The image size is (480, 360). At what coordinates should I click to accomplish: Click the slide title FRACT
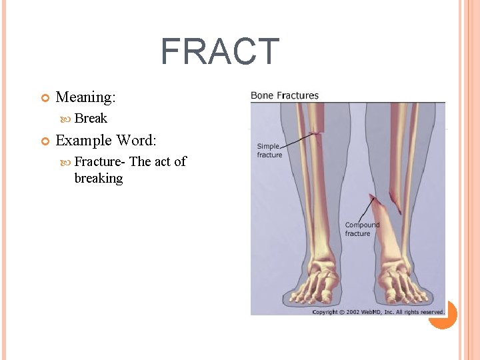point(219,52)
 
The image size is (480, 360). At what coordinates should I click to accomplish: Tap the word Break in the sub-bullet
point(91,119)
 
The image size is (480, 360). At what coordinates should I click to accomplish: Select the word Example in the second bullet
point(84,141)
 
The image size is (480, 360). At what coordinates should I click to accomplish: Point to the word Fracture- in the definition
point(100,161)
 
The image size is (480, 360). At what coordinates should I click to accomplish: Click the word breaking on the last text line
point(99,178)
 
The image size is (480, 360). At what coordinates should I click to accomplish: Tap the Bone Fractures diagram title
point(285,95)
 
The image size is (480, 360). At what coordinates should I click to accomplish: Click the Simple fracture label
point(269,151)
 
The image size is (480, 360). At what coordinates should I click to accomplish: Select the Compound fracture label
point(362,229)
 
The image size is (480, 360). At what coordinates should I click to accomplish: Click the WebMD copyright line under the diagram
point(378,312)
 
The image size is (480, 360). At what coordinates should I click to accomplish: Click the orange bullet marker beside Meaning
point(45,98)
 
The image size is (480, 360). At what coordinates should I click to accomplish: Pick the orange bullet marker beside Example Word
point(45,141)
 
